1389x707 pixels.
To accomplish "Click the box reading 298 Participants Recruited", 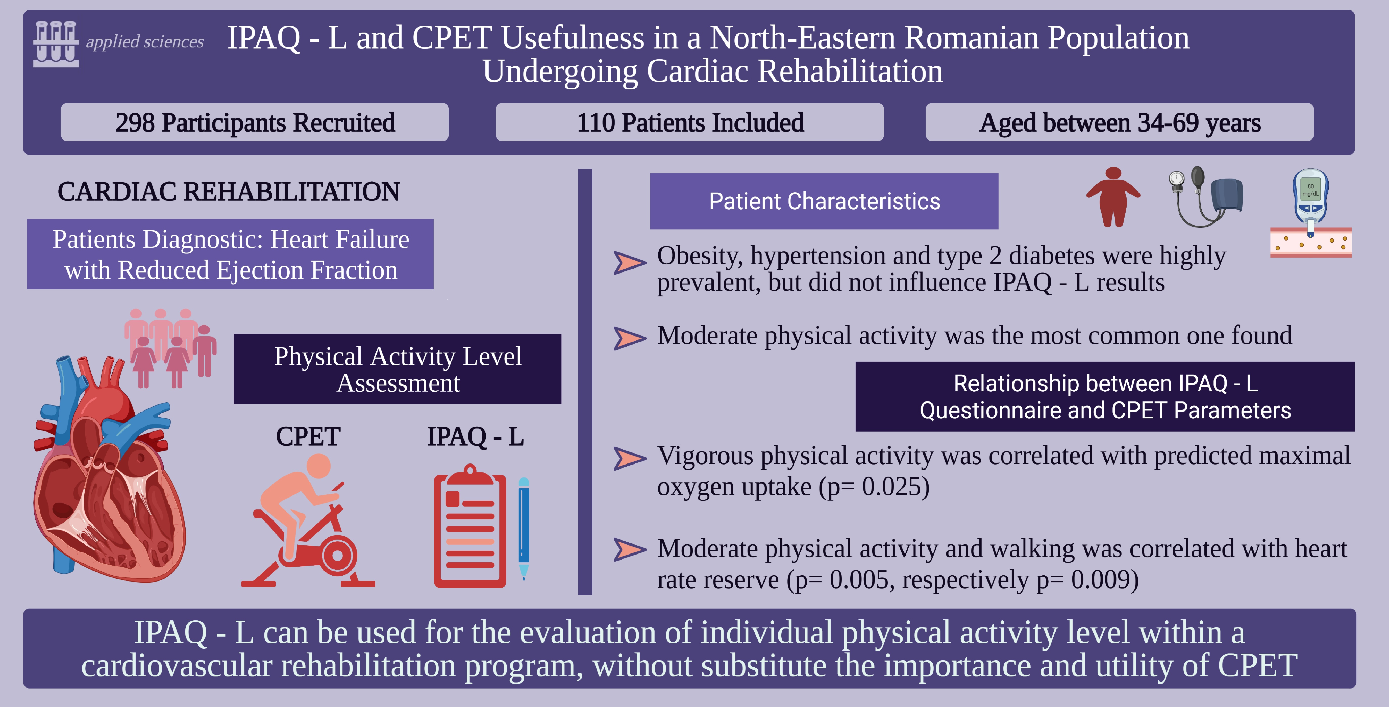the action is pos(255,122).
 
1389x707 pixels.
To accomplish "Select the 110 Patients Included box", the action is pos(690,122).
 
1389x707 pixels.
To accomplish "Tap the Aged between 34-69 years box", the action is pos(1119,122).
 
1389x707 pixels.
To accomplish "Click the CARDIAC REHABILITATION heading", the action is pos(229,191).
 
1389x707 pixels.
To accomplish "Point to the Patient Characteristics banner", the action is pos(824,201).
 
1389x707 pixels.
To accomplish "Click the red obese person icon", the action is pos(1113,197).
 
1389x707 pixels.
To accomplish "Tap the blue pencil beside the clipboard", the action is pos(524,528).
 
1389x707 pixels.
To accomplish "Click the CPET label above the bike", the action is pos(308,436).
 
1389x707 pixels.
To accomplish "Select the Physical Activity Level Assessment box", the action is pos(398,369).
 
